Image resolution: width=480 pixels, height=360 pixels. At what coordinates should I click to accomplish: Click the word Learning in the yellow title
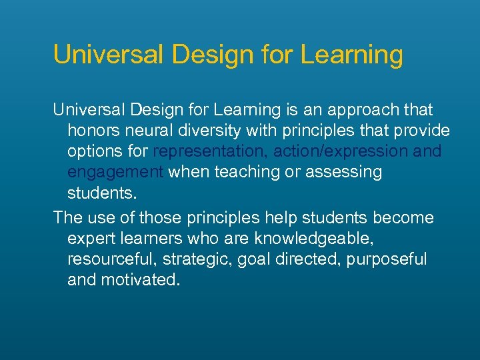coord(351,55)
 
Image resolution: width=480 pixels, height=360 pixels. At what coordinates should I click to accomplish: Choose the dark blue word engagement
coord(115,172)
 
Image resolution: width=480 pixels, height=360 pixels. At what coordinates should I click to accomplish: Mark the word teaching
coord(251,172)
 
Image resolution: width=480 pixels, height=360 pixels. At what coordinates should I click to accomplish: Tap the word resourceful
coord(110,259)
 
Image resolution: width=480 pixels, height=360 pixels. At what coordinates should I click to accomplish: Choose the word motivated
coord(140,280)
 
